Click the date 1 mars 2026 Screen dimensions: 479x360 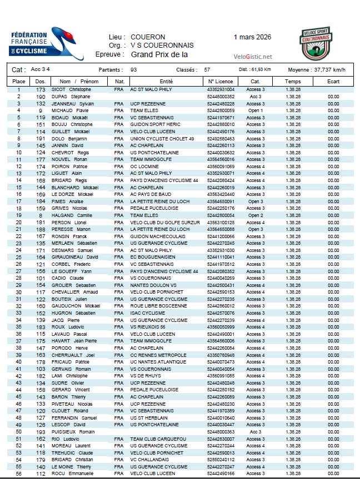253,37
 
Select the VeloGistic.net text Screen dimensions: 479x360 253,57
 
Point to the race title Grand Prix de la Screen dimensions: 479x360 159,54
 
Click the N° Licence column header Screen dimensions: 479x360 221,82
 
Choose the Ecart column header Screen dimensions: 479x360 333,82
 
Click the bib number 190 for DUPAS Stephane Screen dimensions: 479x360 41,97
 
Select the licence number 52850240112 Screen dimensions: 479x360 221,460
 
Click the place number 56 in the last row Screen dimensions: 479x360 18,474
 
